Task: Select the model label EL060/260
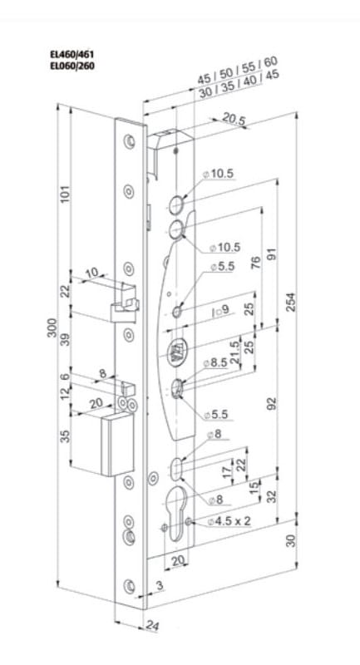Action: pos(72,66)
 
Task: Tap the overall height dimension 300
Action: pos(52,327)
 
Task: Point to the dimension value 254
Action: pos(291,302)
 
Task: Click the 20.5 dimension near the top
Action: pos(234,120)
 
